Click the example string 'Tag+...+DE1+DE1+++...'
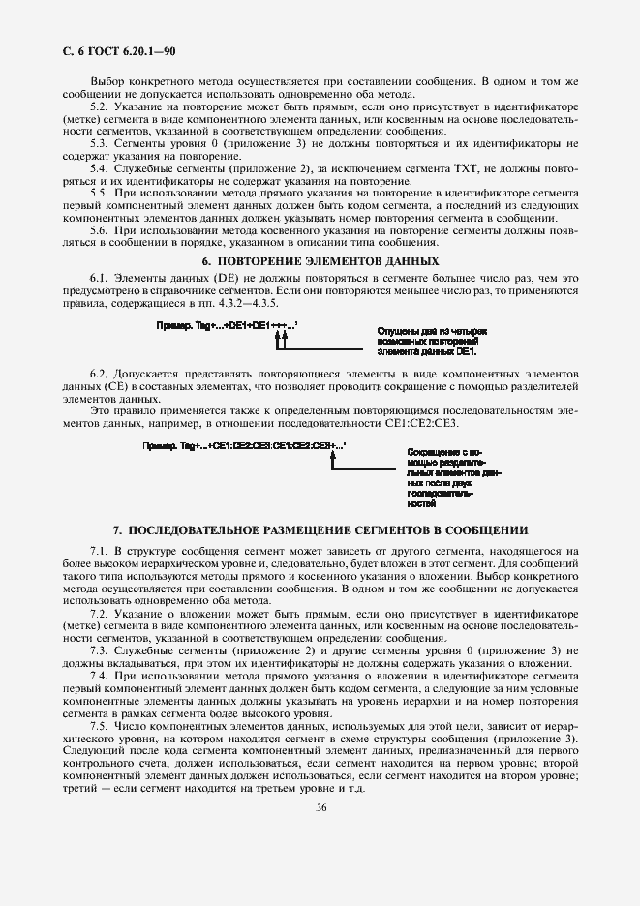[x=228, y=327]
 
